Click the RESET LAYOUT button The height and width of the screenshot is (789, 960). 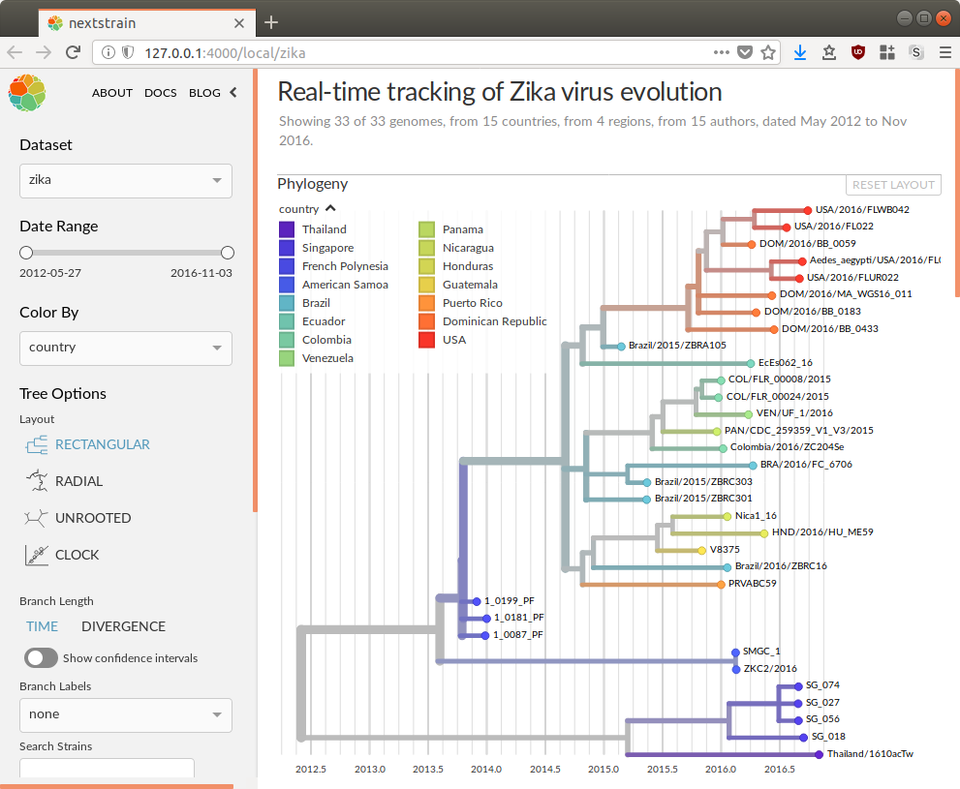click(x=893, y=185)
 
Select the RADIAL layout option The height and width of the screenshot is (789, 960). click(x=78, y=481)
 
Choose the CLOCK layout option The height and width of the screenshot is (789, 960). click(x=77, y=555)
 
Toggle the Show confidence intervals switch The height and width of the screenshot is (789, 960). click(x=41, y=658)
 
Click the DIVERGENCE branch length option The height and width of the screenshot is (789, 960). click(x=123, y=626)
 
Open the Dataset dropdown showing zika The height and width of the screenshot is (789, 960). click(x=126, y=181)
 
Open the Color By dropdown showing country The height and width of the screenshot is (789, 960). click(x=126, y=348)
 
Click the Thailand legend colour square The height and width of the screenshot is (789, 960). click(x=287, y=229)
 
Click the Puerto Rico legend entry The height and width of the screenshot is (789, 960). click(x=472, y=303)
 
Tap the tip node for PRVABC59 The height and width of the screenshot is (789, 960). click(x=721, y=584)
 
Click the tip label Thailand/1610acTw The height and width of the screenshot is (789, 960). click(x=870, y=754)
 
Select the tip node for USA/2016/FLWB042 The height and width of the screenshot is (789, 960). click(x=807, y=209)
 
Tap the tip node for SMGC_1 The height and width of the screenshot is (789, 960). click(x=736, y=652)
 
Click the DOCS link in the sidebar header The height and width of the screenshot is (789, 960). click(x=160, y=93)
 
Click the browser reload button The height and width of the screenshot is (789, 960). click(x=73, y=52)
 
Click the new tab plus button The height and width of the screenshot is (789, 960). click(x=271, y=21)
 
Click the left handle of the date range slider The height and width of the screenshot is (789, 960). click(x=26, y=253)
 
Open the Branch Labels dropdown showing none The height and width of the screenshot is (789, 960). click(x=126, y=714)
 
